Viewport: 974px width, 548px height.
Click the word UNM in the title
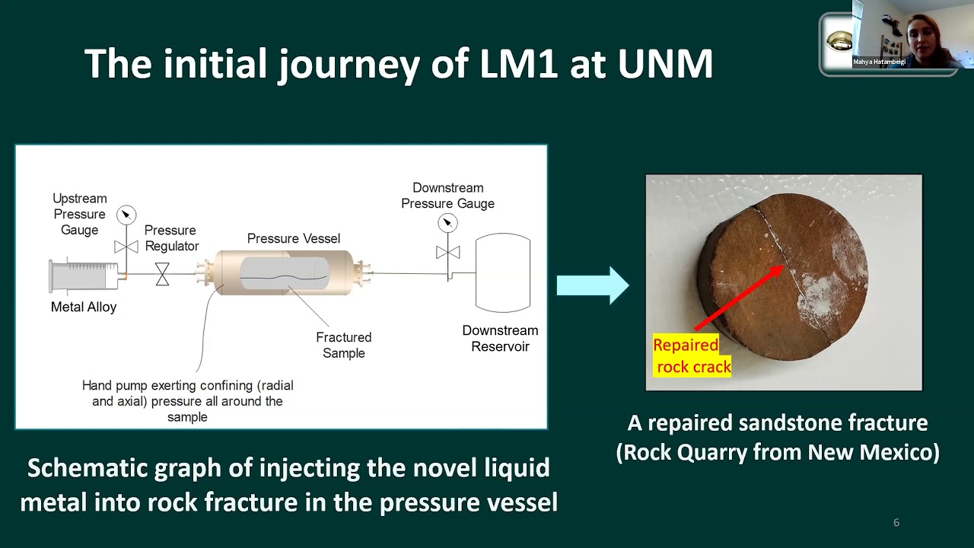(665, 64)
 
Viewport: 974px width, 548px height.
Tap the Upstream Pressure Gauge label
(79, 214)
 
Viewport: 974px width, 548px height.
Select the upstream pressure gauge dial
(126, 215)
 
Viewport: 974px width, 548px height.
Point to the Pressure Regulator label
(171, 237)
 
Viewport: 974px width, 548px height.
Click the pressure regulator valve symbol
(162, 274)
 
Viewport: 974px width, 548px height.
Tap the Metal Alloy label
(84, 307)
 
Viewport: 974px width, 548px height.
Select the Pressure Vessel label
(293, 238)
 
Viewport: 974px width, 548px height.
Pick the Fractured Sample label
(344, 345)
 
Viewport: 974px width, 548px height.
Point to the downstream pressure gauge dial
(447, 222)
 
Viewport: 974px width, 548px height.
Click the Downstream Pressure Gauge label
(447, 196)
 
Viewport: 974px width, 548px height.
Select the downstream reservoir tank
(502, 272)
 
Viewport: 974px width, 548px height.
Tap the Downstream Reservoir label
(500, 339)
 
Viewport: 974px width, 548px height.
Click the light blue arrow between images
(592, 285)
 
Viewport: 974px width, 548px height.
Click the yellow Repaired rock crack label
(691, 355)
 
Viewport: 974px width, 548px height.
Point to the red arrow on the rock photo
(738, 298)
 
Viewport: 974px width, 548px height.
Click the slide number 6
(896, 522)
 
